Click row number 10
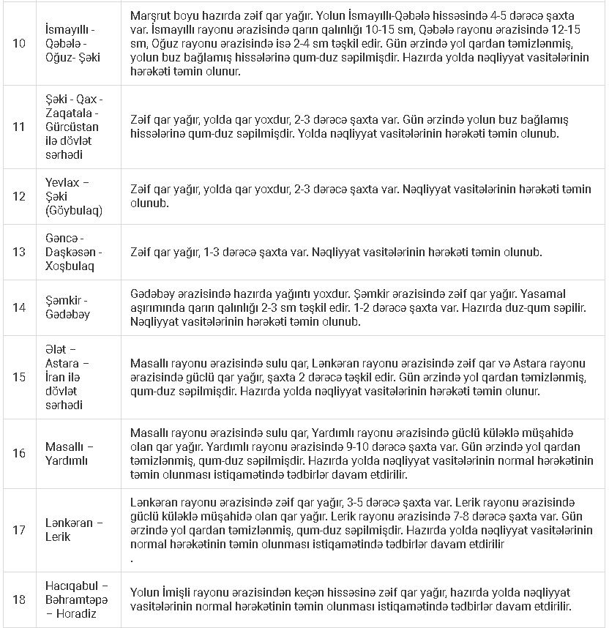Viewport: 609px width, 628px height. pyautogui.click(x=19, y=43)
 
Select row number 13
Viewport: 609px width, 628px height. pyautogui.click(x=19, y=253)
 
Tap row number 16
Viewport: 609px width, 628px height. pyautogui.click(x=19, y=453)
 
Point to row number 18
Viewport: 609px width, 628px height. pyautogui.click(x=19, y=600)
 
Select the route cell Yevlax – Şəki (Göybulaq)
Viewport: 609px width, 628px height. pyautogui.click(x=73, y=197)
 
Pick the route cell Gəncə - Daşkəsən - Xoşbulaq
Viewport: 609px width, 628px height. pyautogui.click(x=73, y=253)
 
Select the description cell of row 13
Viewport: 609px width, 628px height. pyautogui.click(x=363, y=253)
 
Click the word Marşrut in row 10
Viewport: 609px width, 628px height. pyautogui.click(x=151, y=15)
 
